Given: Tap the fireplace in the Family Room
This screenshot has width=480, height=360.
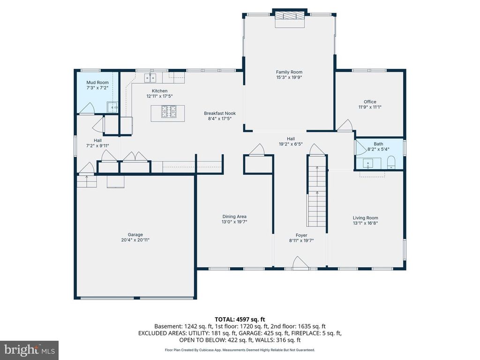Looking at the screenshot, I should click(290, 15).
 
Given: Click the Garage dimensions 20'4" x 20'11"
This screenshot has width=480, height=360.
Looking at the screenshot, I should click(135, 240).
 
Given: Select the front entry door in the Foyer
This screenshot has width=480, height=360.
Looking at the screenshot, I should click(300, 263).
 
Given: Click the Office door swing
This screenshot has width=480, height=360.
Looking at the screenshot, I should click(346, 125).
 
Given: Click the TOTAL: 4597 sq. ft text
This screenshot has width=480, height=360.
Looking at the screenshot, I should click(240, 319).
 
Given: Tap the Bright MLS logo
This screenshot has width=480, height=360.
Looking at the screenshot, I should click(29, 350).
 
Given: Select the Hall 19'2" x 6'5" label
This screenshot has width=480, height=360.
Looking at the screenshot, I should click(291, 142).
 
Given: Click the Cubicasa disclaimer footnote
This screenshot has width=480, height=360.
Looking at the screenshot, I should click(240, 350).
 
